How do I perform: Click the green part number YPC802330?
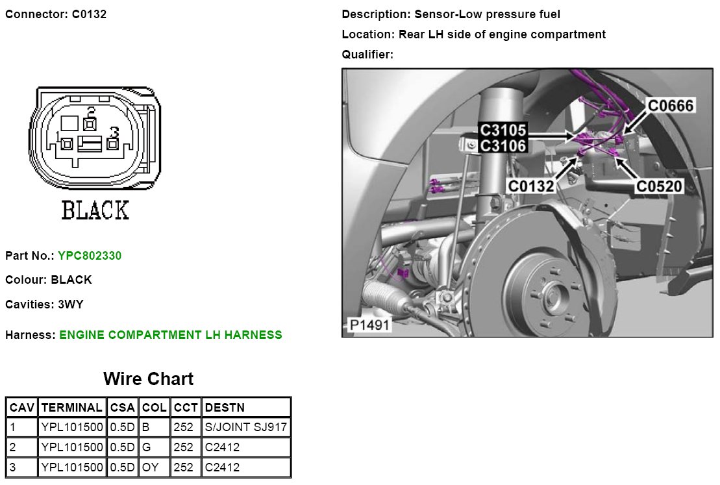pos(90,256)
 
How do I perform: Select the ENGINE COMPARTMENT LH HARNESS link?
pos(171,335)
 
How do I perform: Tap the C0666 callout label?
pos(671,106)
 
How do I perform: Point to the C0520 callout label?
pos(660,187)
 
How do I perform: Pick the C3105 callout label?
pos(503,131)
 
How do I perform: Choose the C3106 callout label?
pos(503,145)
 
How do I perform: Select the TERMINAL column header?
pos(71,408)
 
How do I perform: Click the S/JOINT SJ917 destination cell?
pos(245,428)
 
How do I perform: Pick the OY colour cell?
pos(150,467)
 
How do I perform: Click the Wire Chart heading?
pos(148,379)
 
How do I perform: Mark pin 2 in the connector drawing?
pos(91,121)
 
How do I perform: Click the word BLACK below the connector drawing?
pos(95,210)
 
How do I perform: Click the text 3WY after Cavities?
pos(71,304)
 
